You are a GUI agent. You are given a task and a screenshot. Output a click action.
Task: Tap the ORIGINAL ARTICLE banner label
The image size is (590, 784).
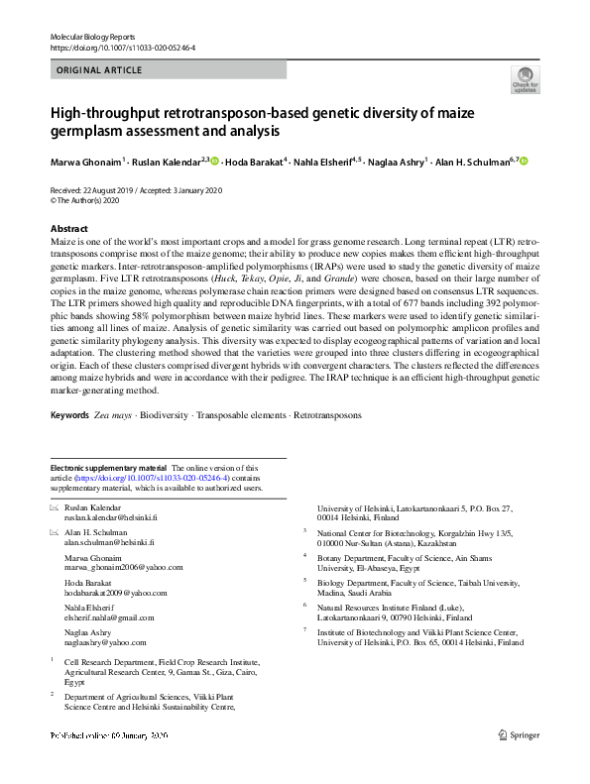tap(99, 70)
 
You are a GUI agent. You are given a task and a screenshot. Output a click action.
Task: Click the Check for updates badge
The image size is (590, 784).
tap(525, 80)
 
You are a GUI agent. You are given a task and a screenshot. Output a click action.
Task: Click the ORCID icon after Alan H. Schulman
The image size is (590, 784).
tap(525, 161)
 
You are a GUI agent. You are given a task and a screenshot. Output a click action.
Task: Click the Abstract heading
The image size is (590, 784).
tap(69, 228)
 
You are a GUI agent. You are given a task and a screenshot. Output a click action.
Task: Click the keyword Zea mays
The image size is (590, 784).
tap(114, 415)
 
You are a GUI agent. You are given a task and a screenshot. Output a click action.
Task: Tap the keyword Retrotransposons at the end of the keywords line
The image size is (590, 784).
tap(328, 415)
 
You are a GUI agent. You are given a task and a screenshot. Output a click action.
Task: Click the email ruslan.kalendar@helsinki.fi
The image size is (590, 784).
tap(104, 517)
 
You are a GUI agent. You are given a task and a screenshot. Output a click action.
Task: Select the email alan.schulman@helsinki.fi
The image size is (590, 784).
tap(104, 543)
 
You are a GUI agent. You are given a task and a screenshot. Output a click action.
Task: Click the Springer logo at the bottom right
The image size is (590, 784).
tap(520, 735)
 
